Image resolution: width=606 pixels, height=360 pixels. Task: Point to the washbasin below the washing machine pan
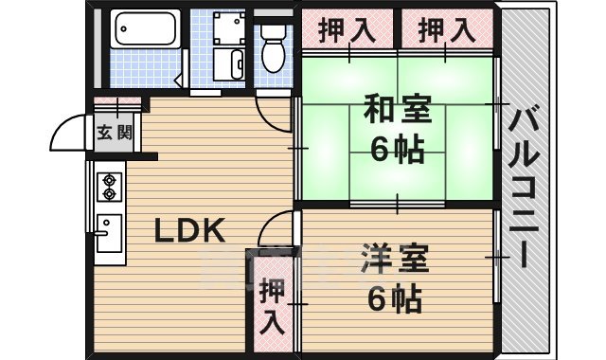[x=231, y=65]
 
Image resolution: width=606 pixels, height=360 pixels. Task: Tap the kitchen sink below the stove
[x=108, y=231]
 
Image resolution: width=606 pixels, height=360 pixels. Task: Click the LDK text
[x=188, y=230]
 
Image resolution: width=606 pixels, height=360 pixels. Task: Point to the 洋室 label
[x=394, y=260]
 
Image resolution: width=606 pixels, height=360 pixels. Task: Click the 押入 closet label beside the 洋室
[x=272, y=306]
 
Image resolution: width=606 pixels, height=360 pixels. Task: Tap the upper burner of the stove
[x=109, y=177]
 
